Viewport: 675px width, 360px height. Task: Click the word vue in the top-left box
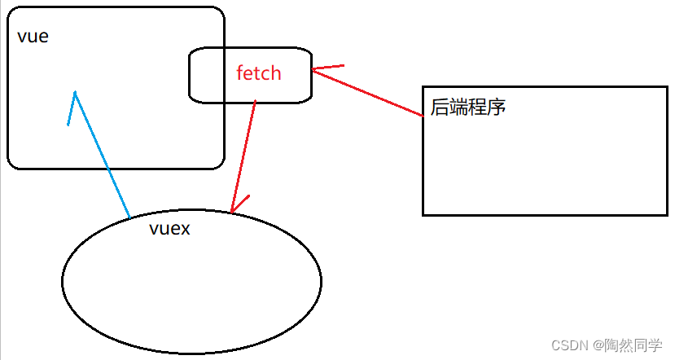(x=33, y=37)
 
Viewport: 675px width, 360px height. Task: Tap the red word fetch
(x=258, y=73)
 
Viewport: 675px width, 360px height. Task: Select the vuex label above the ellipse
(x=169, y=229)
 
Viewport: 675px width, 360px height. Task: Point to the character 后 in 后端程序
(x=441, y=106)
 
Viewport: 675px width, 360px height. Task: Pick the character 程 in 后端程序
(x=478, y=106)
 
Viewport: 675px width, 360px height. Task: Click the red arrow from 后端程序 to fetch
(x=366, y=93)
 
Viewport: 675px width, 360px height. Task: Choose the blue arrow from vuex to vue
(x=102, y=155)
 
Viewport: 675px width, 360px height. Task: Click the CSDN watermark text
(x=569, y=345)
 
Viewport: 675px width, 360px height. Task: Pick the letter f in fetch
(x=240, y=72)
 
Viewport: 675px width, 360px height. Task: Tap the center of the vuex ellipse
(x=191, y=281)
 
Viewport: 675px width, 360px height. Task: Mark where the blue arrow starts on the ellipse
(x=129, y=217)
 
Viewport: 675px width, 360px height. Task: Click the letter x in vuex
(x=184, y=229)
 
